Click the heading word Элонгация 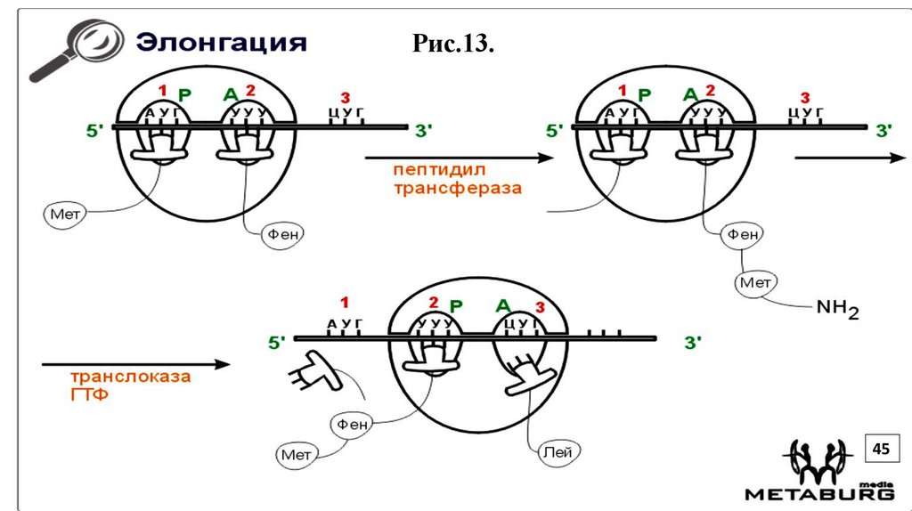[220, 43]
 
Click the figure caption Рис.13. [453, 44]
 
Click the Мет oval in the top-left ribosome [61, 214]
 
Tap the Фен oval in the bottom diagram [352, 426]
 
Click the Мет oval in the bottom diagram [297, 455]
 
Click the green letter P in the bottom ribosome [456, 305]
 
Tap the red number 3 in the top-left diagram [346, 97]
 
